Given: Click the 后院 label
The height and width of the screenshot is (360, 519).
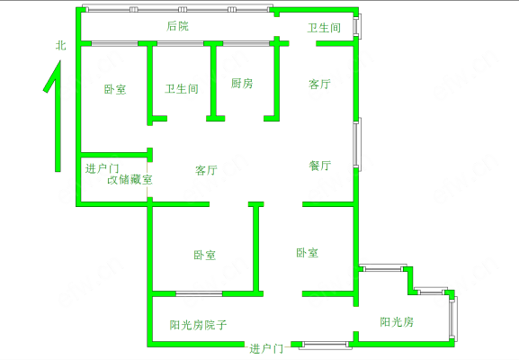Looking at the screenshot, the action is [x=177, y=26].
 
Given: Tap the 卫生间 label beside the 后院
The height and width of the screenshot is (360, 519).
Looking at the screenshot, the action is [x=324, y=28].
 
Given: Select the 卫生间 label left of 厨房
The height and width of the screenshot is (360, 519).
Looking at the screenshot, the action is [x=182, y=89].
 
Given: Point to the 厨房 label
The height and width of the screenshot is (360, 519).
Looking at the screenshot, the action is [x=242, y=83].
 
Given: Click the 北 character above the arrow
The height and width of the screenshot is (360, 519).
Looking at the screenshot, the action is [x=60, y=45].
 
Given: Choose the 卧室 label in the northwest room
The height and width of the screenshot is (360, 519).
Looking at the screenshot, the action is [x=115, y=89].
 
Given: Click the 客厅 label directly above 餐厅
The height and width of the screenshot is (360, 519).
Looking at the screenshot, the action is [x=319, y=84].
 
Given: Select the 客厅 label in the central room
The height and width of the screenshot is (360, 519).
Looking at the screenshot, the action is [x=206, y=170].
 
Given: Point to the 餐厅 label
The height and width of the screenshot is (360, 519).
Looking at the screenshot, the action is [x=320, y=166].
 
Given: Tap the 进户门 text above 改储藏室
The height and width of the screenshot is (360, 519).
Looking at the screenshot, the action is [x=102, y=168].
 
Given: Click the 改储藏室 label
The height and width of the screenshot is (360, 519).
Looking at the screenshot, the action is [x=130, y=179].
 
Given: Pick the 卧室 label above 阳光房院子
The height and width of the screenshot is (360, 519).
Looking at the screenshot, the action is [x=204, y=255].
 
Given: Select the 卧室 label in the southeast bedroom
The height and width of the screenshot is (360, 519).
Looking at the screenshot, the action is [x=307, y=253].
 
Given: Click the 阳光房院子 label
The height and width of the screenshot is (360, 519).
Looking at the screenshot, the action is [x=198, y=325].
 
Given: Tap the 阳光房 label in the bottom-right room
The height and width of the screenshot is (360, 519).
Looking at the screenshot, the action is [x=397, y=322].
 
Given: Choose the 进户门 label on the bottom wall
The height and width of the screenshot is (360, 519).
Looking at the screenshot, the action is [x=266, y=348].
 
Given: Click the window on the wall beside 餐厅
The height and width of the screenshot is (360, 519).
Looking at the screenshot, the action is [x=357, y=144].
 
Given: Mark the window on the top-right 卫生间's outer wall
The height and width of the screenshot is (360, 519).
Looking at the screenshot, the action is [x=357, y=25].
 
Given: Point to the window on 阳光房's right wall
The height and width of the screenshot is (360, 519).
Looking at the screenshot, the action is [x=452, y=319].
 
